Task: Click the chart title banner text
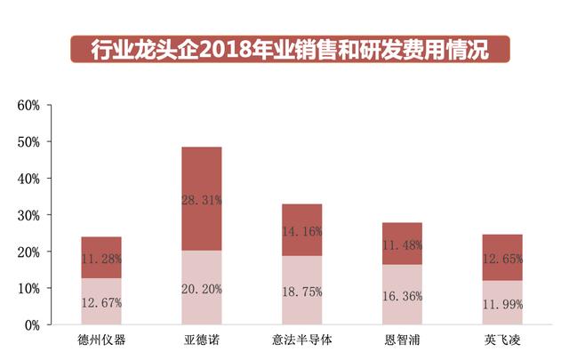click(x=290, y=49)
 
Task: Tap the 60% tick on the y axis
click(x=28, y=105)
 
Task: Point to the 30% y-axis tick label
click(x=28, y=215)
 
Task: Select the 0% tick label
click(x=32, y=325)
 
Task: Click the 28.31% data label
click(x=201, y=200)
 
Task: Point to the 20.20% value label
click(x=201, y=288)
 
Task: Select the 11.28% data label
click(x=100, y=259)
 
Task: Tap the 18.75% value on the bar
click(x=301, y=291)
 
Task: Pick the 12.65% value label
click(x=502, y=259)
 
